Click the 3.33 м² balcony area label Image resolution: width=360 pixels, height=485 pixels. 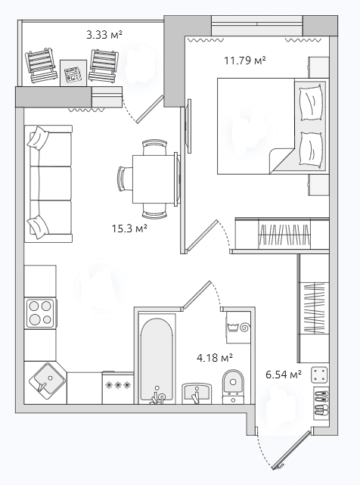[x=104, y=34]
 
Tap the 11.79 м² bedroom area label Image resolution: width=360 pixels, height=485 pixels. [x=245, y=60]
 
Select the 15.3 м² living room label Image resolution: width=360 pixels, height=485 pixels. [x=129, y=229]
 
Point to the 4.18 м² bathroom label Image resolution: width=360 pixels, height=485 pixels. [x=215, y=358]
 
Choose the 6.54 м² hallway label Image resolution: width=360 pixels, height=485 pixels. [x=284, y=375]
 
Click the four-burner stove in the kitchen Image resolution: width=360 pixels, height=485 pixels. [x=41, y=312]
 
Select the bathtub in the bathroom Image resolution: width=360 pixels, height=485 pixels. [x=157, y=359]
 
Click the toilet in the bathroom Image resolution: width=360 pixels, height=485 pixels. [x=233, y=387]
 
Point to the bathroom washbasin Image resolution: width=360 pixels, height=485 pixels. [x=197, y=393]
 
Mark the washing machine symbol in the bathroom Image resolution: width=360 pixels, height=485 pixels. [x=237, y=328]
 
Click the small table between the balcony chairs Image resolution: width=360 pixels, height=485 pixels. [x=73, y=73]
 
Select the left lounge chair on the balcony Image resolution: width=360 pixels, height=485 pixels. [x=41, y=65]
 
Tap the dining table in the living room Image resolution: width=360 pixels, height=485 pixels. [x=154, y=179]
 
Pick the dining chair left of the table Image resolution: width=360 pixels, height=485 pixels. [x=125, y=179]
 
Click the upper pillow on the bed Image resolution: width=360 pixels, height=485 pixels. [x=311, y=102]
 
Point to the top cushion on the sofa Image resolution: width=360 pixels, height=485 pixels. [x=38, y=138]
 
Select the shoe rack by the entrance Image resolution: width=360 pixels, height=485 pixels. [x=321, y=403]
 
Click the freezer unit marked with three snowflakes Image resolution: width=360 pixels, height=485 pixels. [x=118, y=387]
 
